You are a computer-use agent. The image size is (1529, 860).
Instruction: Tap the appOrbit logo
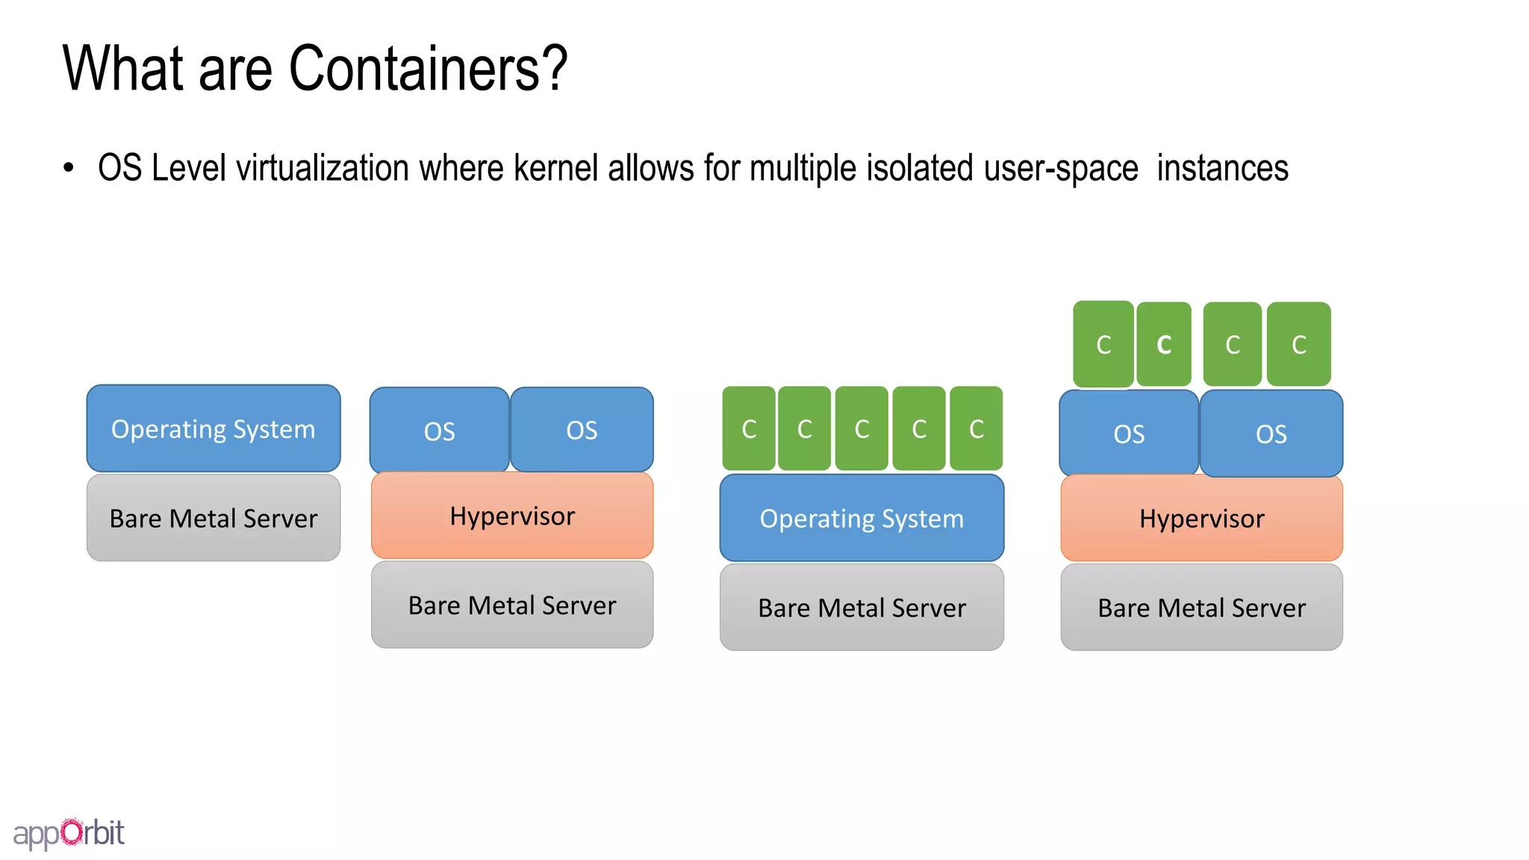point(69,833)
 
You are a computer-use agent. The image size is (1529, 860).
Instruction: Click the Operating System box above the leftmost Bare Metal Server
point(214,429)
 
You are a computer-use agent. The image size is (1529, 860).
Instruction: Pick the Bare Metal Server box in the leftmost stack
point(214,518)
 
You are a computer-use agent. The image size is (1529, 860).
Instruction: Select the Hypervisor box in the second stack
point(512,516)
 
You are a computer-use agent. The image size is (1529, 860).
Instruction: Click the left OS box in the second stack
point(439,430)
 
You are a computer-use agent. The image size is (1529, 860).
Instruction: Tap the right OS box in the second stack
point(582,430)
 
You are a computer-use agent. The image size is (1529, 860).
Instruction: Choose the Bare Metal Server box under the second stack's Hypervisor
point(512,605)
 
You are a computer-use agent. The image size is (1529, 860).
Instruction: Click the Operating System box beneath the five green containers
point(862,518)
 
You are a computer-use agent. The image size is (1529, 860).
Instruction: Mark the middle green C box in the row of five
point(862,429)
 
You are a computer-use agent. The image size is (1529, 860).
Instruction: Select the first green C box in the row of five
point(749,429)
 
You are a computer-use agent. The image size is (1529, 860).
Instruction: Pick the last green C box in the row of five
point(976,429)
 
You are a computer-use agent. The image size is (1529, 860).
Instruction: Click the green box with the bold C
point(1163,344)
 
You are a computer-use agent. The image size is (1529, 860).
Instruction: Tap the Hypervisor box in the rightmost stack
point(1201,518)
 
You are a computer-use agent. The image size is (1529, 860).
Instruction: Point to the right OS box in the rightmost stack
point(1271,434)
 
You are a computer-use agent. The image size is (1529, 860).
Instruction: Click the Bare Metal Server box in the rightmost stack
point(1201,608)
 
